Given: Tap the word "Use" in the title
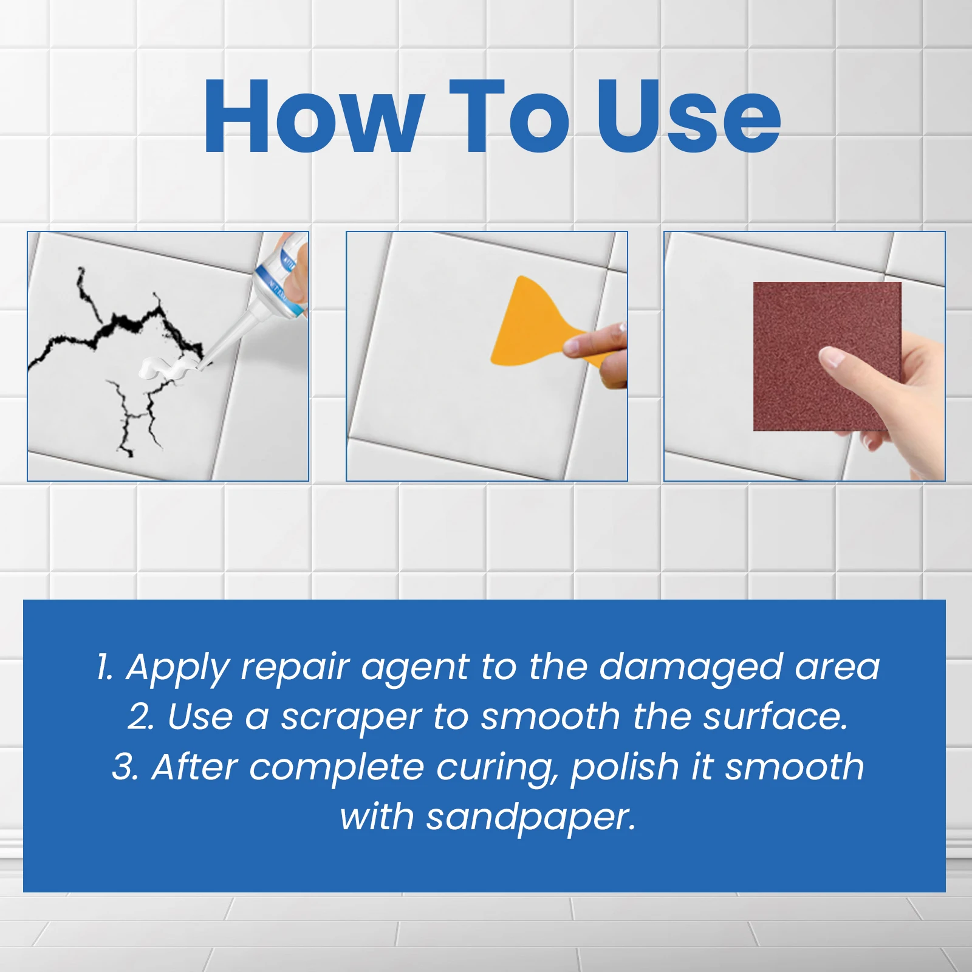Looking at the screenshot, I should coord(688,117).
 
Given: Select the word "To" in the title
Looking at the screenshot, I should coord(509,117).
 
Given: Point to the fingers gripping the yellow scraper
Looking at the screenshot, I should coord(598,349).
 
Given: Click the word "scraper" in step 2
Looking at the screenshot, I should coord(351,717).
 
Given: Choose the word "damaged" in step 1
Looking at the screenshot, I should coord(690,668).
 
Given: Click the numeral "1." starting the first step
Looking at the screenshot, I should coord(104,667).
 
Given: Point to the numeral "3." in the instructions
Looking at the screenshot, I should coord(126,767).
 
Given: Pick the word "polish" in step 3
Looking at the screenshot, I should coord(624,767).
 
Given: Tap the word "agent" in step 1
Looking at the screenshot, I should coord(414,668).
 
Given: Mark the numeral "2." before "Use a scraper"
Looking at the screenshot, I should coord(141,717).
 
